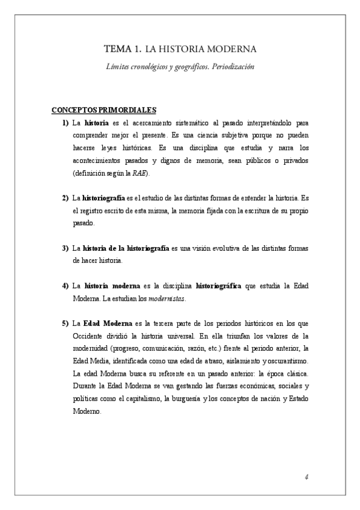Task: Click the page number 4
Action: tap(307, 478)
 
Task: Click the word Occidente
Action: tap(89, 336)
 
